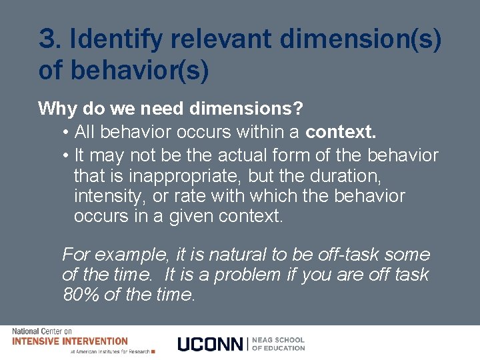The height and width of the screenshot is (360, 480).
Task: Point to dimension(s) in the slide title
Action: click(360, 40)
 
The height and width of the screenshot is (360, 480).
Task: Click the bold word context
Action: click(340, 132)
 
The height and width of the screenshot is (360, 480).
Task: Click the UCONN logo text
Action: click(211, 344)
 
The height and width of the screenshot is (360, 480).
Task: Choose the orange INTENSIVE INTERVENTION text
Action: click(69, 341)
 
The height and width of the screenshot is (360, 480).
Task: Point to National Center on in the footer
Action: click(42, 331)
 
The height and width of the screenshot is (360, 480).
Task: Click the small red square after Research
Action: click(153, 351)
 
